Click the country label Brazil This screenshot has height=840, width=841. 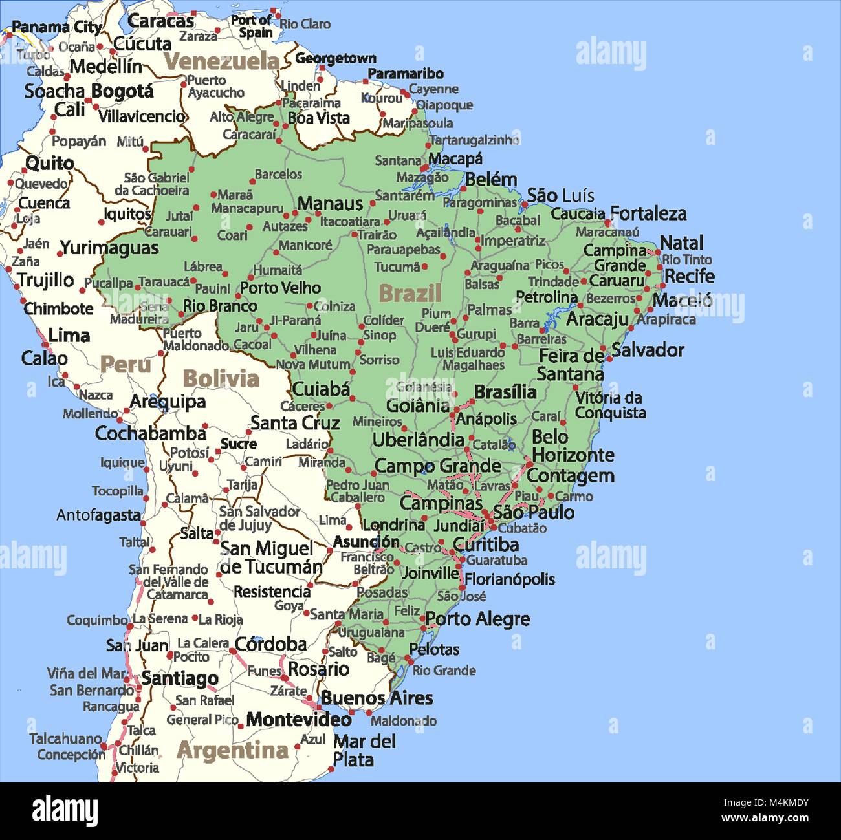tap(410, 293)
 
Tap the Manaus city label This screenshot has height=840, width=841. tap(330, 204)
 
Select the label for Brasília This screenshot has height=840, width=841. tap(505, 393)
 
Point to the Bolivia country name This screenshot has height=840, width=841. tap(221, 378)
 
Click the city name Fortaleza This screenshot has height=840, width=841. tap(648, 213)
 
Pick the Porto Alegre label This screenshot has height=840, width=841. tap(477, 619)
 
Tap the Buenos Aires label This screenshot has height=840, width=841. tap(377, 698)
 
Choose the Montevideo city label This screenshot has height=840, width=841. tap(299, 719)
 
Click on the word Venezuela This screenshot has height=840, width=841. tap(221, 61)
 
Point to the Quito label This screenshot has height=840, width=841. tap(50, 163)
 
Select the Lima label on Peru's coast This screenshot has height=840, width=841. tap(69, 336)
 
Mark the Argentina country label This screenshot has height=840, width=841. tap(232, 750)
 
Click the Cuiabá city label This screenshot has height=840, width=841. tap(321, 389)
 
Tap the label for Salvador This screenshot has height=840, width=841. tap(648, 350)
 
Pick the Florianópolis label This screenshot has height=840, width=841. tap(510, 579)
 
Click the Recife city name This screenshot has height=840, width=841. tap(690, 276)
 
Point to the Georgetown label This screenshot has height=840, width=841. tap(336, 58)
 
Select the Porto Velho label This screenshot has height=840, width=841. tap(281, 287)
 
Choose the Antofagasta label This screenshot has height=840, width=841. tap(98, 515)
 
